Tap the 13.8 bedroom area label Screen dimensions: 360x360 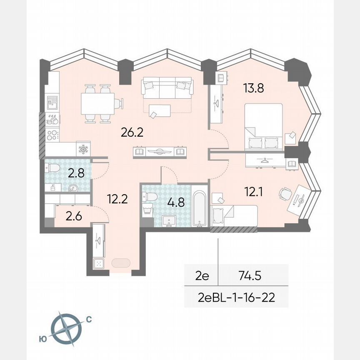254,88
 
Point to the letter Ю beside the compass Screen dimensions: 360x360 42,339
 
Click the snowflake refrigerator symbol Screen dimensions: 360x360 83,149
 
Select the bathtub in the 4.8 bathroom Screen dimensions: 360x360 200,208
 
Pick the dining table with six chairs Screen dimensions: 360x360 98,104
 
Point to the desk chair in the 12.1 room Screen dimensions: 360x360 285,194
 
